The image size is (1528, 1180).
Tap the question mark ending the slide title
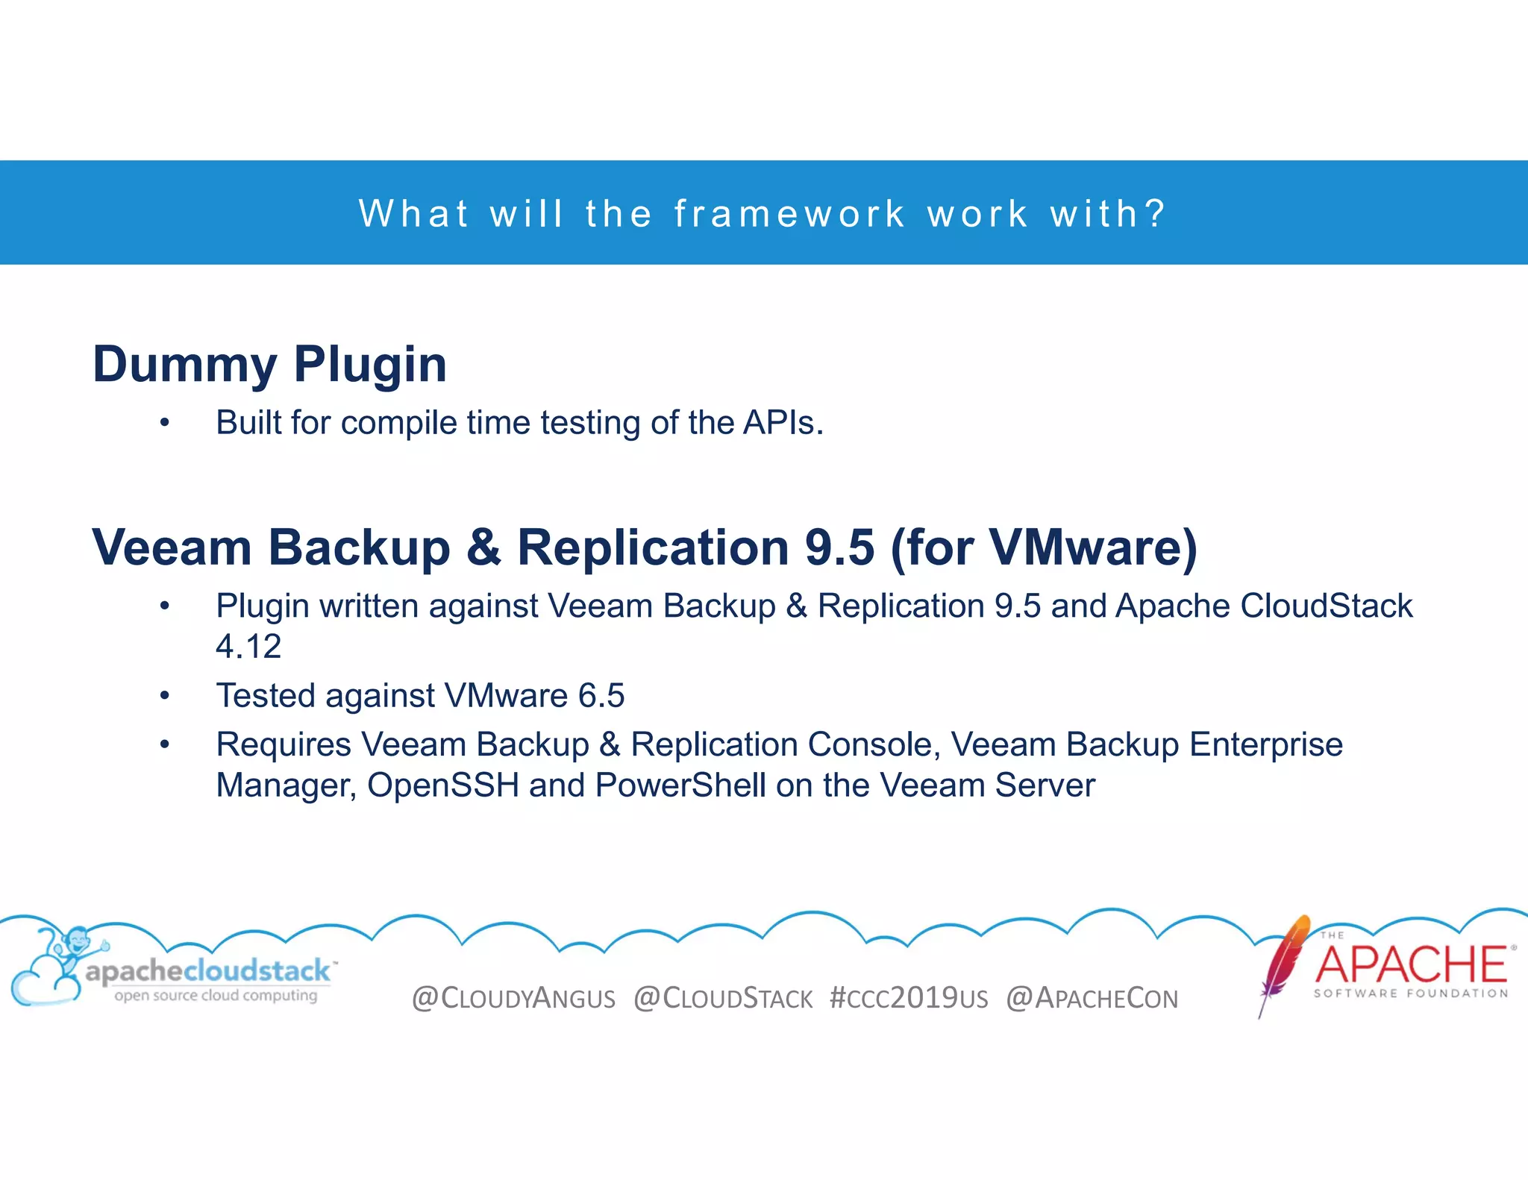coord(1156,213)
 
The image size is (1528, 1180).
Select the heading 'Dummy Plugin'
coord(269,364)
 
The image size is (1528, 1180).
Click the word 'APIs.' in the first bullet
coord(783,423)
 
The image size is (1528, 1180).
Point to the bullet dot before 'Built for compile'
coord(165,424)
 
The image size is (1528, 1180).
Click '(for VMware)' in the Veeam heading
coord(1043,547)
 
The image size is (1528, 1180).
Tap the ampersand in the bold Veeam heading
coord(483,547)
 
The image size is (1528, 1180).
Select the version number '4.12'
coord(248,646)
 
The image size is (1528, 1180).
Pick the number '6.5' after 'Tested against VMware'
coord(601,696)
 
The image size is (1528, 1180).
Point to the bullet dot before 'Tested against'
coord(165,697)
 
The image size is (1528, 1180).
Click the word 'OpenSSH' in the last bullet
coord(442,785)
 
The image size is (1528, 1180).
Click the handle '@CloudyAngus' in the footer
coord(513,998)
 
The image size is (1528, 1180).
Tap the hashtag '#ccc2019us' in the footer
coord(908,998)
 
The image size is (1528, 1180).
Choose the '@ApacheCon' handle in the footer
coord(1092,998)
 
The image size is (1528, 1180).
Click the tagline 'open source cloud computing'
coord(216,995)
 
